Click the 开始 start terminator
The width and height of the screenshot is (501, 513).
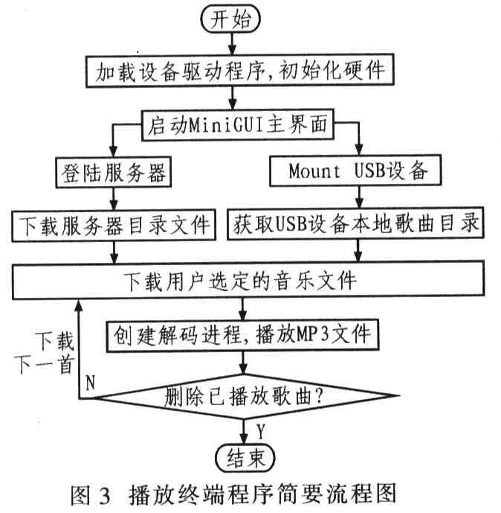(230, 19)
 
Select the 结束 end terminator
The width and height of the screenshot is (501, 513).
(245, 457)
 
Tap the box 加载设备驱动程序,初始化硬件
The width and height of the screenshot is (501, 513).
(240, 71)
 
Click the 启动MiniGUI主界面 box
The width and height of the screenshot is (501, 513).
(238, 125)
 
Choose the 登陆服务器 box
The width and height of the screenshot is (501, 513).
(114, 173)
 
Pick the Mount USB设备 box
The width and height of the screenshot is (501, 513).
(355, 171)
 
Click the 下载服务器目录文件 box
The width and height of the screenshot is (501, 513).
(114, 226)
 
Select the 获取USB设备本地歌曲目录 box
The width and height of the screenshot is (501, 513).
(355, 223)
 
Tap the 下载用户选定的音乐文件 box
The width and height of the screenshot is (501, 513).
(248, 281)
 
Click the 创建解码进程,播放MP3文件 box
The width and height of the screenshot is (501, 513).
(243, 335)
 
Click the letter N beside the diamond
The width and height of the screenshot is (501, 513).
(90, 382)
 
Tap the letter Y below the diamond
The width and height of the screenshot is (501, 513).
(261, 431)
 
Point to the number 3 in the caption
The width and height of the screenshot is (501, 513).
(105, 496)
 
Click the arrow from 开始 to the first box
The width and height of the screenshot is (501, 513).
(232, 43)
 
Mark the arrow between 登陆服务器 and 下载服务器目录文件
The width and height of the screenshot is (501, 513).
(114, 200)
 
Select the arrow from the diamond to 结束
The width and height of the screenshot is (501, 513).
(244, 431)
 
